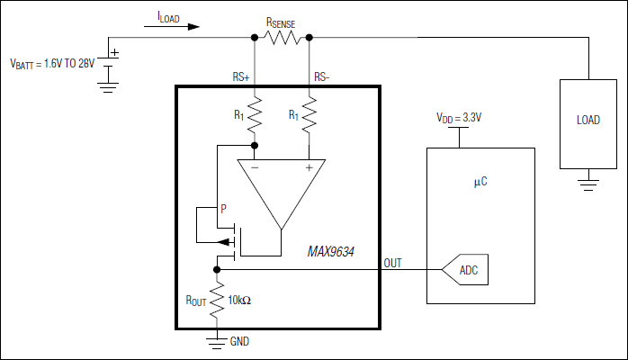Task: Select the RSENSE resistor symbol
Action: pos(283,38)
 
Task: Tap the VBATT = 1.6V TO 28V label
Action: pos(51,64)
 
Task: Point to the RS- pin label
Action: pos(322,77)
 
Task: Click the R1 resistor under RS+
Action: pos(255,114)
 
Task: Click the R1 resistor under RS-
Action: pos(309,114)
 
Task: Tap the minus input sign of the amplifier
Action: pos(255,166)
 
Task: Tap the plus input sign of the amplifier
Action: pos(309,166)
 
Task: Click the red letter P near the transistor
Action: pos(224,209)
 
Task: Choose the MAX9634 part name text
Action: pos(327,252)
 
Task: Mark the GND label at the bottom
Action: pos(239,342)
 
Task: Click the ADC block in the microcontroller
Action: pos(467,270)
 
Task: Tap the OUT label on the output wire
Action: pos(392,263)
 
